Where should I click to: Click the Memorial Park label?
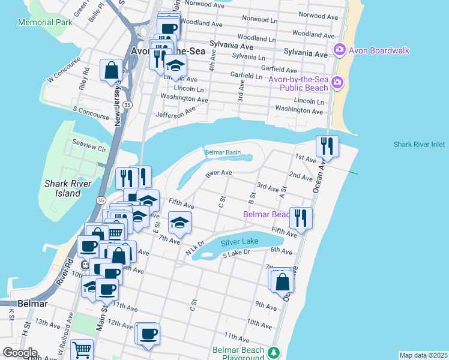[x=45, y=22]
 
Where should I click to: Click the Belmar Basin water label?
[x=223, y=152]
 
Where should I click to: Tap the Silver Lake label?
[x=240, y=242]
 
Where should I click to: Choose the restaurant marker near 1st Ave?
[x=327, y=147]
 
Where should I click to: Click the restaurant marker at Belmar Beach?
[x=301, y=218]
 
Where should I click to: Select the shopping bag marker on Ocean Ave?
[x=282, y=280]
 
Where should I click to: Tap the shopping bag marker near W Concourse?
[x=112, y=70]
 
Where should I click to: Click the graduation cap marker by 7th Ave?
[x=179, y=223]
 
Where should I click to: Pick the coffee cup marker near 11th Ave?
[x=148, y=334]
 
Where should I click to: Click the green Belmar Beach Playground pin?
[x=274, y=352]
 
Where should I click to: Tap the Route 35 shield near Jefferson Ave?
[x=127, y=104]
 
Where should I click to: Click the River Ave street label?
[x=218, y=173]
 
